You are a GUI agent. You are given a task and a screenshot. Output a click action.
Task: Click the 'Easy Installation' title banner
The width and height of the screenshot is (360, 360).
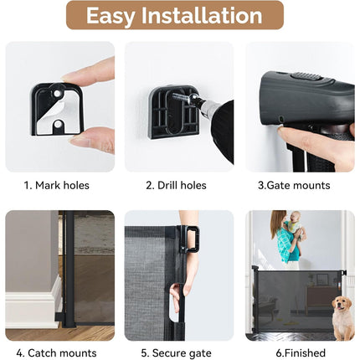click(175, 15)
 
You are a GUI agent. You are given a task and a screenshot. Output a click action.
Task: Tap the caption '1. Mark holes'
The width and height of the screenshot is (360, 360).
click(56, 186)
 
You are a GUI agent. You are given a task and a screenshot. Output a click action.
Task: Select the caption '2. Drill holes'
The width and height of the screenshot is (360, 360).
click(176, 186)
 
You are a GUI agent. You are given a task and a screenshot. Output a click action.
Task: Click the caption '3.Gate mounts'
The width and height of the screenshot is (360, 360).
click(294, 186)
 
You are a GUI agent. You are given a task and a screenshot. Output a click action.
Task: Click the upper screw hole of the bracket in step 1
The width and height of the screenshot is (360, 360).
click(59, 93)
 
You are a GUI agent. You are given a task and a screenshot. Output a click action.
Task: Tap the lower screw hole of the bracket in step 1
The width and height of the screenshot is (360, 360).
click(59, 123)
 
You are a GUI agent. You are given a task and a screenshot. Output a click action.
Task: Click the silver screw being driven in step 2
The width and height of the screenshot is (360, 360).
click(183, 97)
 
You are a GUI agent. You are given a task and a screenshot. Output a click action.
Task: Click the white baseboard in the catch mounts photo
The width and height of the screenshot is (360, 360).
click(33, 303)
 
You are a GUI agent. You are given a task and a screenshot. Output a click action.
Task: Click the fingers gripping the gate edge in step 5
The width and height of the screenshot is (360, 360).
click(176, 298)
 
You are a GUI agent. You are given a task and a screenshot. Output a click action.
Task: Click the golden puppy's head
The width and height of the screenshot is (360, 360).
click(342, 305)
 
